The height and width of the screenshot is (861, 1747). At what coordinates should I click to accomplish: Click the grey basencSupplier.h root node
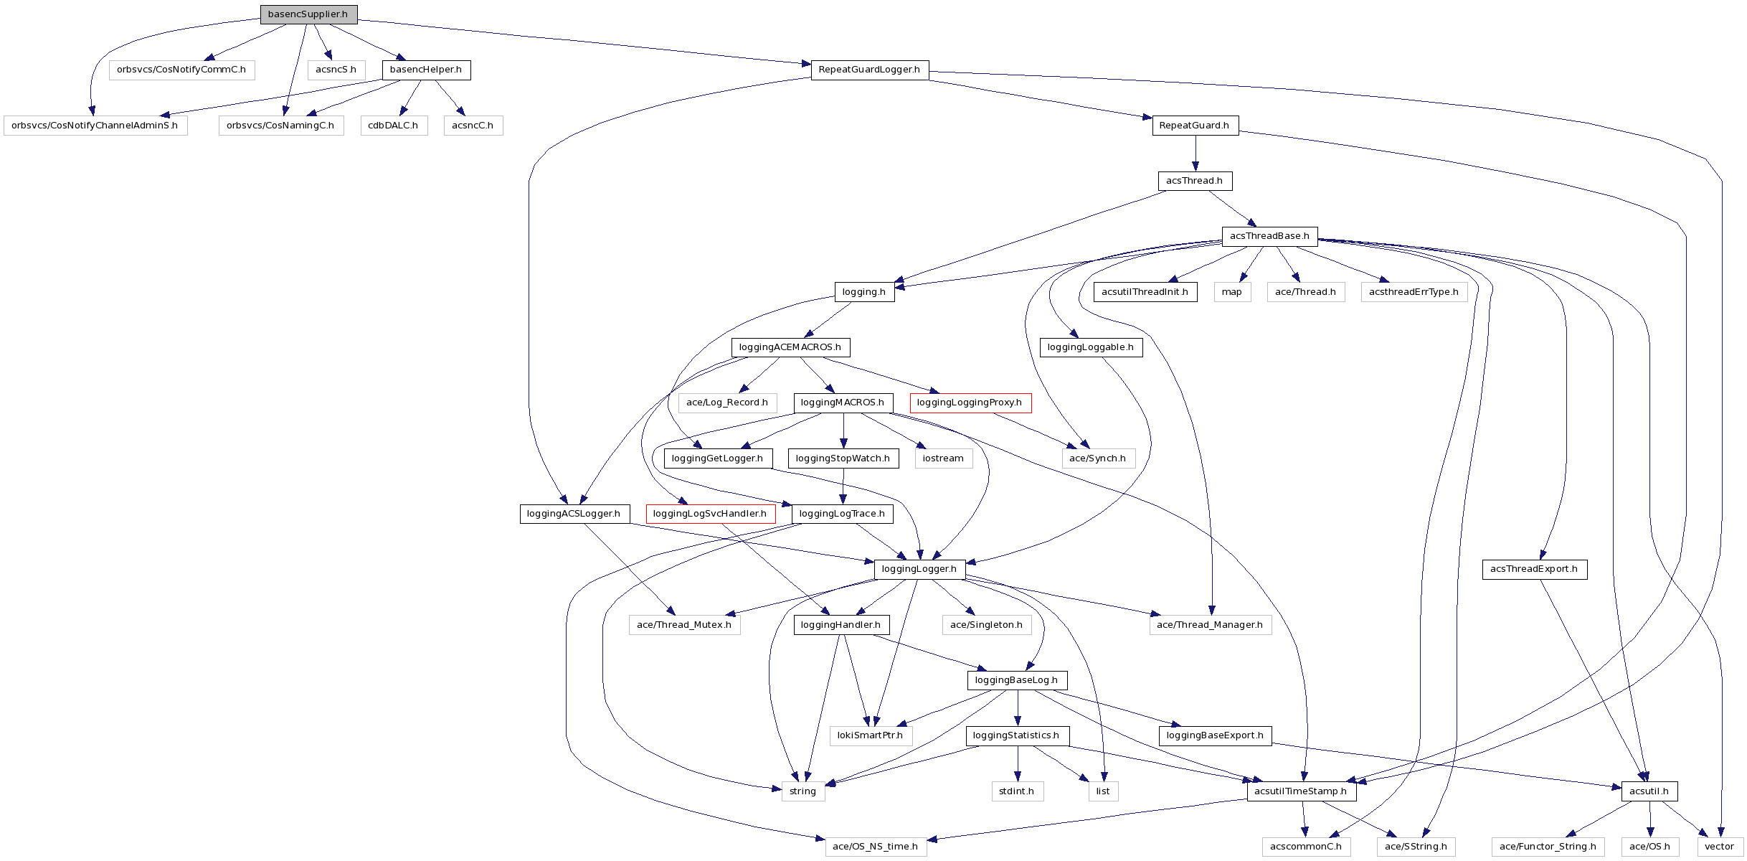(308, 14)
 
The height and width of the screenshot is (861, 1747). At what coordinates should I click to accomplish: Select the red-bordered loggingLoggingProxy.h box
(970, 403)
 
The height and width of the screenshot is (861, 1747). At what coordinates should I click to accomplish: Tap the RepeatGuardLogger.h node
(869, 70)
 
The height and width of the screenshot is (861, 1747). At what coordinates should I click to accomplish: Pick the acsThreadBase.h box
(1269, 236)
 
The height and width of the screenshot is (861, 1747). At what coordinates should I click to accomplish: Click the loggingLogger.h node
(919, 570)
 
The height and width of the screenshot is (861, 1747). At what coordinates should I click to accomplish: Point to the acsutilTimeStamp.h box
(1301, 791)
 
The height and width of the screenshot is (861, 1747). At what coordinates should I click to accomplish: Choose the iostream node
(943, 458)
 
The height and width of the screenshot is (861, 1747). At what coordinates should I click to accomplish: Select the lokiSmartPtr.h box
(871, 735)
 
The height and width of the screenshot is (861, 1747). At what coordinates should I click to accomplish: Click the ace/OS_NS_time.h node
(876, 847)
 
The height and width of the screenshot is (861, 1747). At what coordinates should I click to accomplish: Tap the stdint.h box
(1017, 791)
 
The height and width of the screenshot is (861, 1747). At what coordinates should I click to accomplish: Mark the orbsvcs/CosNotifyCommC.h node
(181, 70)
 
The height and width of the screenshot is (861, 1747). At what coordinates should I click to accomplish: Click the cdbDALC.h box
(393, 126)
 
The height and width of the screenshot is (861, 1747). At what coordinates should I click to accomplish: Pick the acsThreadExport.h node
(1534, 570)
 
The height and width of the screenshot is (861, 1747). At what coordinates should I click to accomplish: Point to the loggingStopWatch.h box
(843, 458)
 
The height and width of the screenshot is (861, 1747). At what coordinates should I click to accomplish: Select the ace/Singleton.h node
(986, 625)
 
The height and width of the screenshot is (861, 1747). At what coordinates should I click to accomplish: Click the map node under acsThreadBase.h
(1232, 292)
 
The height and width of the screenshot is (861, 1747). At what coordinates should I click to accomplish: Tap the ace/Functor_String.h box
(1548, 847)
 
